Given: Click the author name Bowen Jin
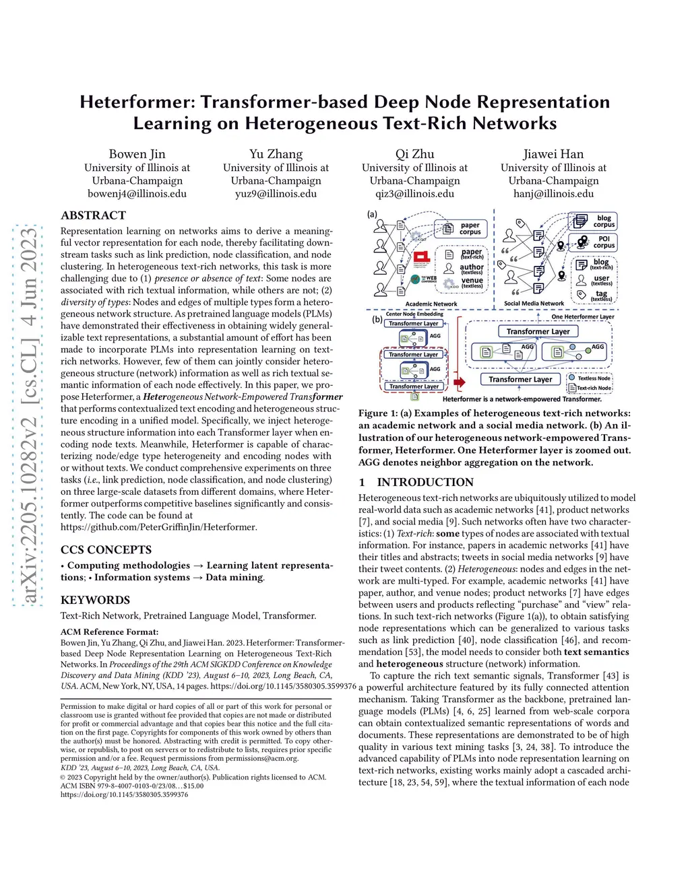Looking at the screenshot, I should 137,154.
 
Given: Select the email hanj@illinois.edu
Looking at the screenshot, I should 553,194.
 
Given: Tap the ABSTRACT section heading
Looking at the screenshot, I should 93,215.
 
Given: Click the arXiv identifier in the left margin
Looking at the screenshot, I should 29,417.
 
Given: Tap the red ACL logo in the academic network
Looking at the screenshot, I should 422,258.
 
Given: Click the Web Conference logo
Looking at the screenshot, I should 425,279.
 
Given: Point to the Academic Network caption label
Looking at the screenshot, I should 431,304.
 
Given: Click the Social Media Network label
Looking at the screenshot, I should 534,304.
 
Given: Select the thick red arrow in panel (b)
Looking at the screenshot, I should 460,382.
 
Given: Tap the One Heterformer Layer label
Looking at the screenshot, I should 582,316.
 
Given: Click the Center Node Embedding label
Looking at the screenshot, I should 414,314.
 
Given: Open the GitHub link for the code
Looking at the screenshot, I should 158,527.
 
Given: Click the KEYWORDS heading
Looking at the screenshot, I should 95,600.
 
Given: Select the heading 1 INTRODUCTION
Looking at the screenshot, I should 416,482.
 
